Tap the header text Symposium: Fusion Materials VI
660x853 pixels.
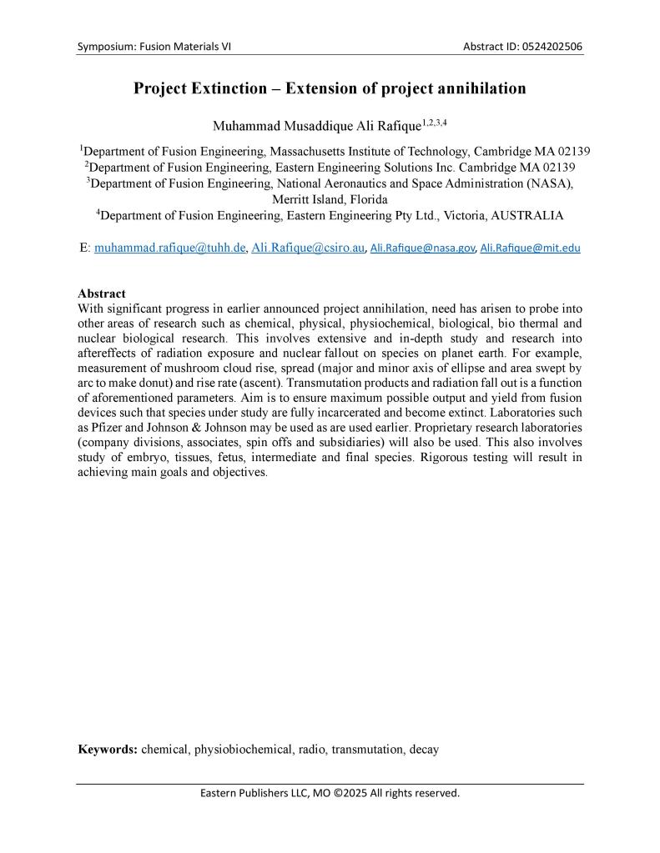point(154,46)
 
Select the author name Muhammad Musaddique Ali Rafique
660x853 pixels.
point(316,127)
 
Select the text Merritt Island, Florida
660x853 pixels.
point(330,199)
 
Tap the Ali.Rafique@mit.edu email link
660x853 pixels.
point(531,248)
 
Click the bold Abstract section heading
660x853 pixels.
point(102,294)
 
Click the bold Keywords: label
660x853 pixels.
point(108,749)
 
